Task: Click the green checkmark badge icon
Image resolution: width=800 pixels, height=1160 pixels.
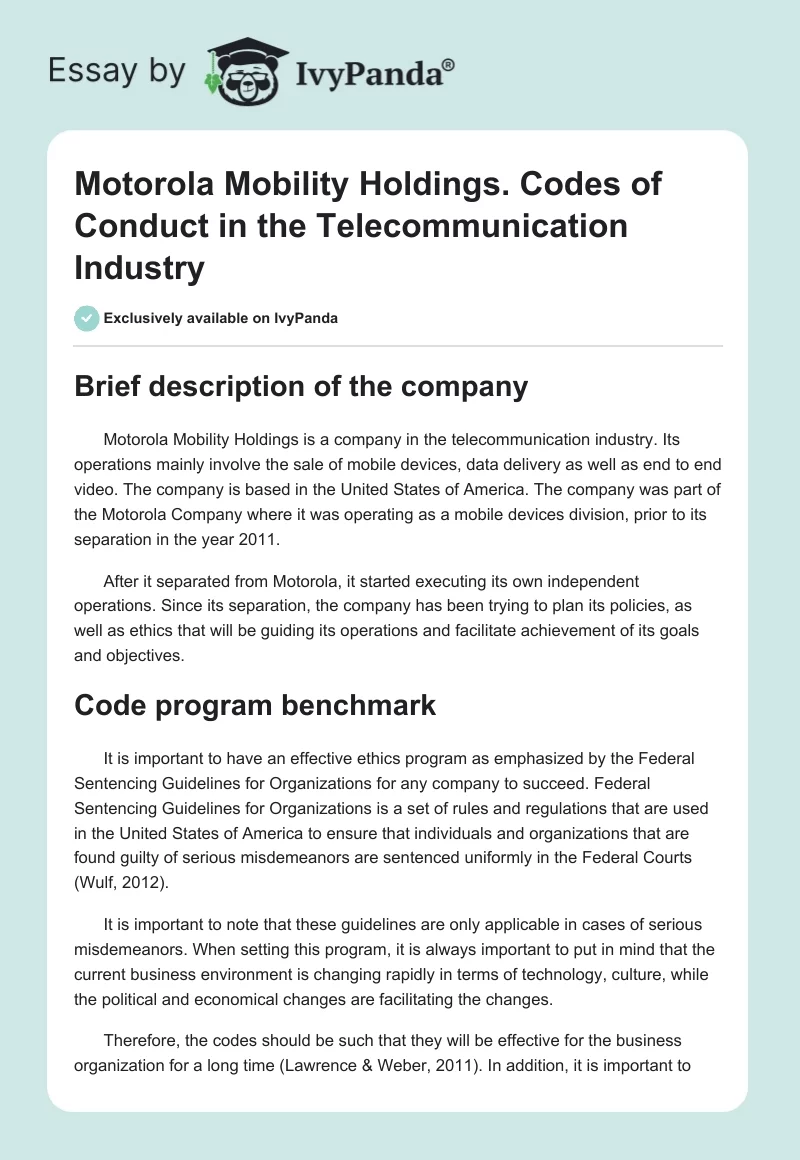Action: pos(86,318)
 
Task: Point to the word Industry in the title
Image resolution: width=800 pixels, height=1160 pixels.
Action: pos(139,267)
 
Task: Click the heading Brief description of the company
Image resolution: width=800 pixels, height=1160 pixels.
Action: pos(301,387)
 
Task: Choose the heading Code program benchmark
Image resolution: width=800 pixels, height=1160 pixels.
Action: pos(255,705)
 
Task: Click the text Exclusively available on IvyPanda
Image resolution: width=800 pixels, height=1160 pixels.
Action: pos(220,318)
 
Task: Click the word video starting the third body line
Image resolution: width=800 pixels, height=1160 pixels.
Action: pos(94,490)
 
